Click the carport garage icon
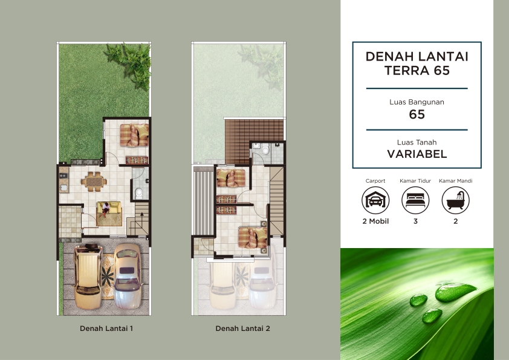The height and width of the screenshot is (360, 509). (375, 200)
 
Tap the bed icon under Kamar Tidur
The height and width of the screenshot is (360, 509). (415, 200)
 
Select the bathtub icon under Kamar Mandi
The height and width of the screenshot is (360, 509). (455, 200)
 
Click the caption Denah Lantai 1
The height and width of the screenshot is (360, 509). (106, 329)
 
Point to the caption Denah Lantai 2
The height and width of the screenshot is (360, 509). (243, 329)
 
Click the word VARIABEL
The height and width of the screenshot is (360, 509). (417, 154)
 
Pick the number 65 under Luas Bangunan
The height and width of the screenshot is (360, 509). (417, 114)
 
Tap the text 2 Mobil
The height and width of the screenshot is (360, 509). (375, 221)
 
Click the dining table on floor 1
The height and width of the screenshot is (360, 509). (94, 182)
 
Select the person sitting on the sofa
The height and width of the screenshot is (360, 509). (105, 209)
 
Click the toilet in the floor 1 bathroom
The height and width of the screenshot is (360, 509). (139, 193)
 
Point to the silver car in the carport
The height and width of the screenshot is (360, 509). (128, 276)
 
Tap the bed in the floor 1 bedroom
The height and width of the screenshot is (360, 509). (134, 135)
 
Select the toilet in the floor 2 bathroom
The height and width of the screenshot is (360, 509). (265, 150)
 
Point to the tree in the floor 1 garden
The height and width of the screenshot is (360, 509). (130, 64)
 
